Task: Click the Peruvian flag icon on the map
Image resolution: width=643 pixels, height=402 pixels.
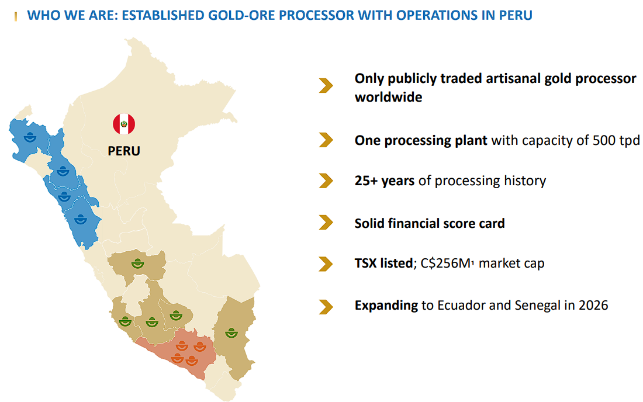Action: [124, 124]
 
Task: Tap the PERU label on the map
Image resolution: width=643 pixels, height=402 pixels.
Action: [124, 151]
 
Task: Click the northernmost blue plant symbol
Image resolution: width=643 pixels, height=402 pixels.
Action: [30, 137]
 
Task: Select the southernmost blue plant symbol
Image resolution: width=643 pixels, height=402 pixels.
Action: [81, 219]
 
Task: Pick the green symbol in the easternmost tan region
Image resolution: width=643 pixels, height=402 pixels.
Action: [231, 332]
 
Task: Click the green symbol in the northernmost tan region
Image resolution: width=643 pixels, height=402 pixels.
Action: [137, 264]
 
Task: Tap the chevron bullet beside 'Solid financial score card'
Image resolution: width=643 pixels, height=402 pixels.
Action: [326, 223]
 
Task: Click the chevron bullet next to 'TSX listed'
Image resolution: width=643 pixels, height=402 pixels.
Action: [326, 264]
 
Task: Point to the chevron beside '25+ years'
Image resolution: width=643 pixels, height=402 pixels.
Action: [326, 181]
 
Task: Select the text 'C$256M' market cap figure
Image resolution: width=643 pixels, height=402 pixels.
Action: [446, 263]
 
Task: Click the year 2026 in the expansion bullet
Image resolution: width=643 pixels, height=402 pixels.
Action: [593, 305]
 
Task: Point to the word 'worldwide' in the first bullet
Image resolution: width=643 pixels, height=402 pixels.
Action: [388, 97]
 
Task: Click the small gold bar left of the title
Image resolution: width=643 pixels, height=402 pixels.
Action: [16, 16]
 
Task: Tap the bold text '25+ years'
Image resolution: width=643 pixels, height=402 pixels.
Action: [385, 181]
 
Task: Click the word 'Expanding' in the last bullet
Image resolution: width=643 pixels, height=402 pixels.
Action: [386, 305]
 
